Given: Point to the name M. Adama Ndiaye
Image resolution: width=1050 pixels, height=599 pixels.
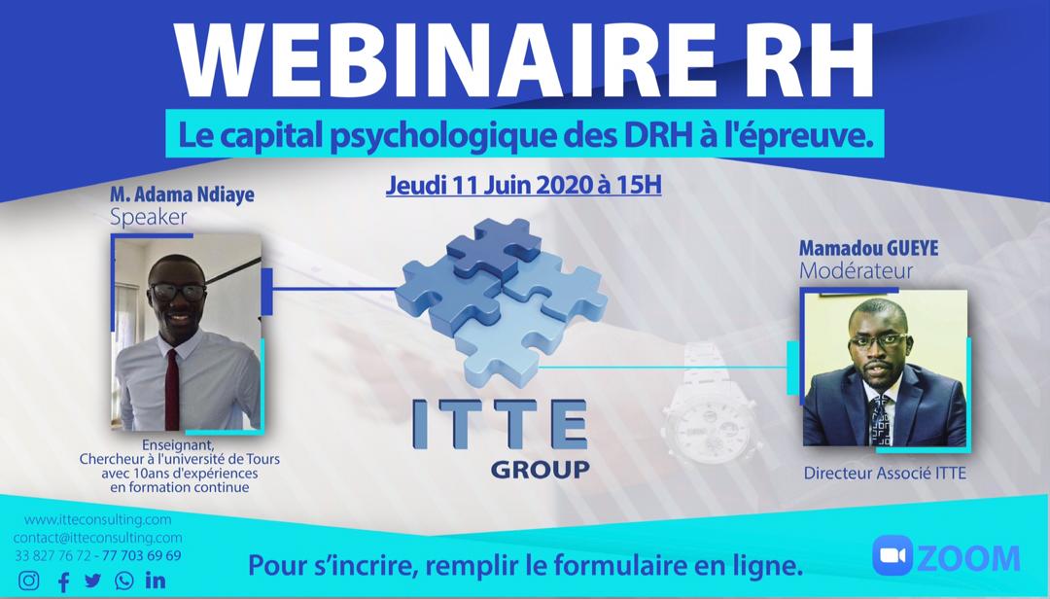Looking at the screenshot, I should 182,194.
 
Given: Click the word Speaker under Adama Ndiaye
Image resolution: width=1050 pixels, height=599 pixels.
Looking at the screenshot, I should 148,217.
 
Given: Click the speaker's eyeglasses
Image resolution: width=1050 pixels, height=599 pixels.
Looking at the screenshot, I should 178,291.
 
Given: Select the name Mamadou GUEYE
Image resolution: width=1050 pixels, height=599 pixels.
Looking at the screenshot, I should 868,248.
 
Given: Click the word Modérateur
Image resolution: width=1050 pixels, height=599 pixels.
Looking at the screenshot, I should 856,271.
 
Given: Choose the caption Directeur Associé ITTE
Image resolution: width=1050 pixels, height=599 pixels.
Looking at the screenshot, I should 885,474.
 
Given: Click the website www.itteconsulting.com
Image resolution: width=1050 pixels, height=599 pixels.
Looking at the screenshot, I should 97,519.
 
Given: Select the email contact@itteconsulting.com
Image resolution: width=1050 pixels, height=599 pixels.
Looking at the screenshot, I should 97,537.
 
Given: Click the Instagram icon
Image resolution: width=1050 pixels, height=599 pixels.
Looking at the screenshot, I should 30,581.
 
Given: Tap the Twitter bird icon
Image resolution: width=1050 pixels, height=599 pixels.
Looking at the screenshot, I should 92,581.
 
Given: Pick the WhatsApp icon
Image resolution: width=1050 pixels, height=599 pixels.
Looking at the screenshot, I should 123,581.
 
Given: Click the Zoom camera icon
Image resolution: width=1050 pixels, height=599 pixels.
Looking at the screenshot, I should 892,556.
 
